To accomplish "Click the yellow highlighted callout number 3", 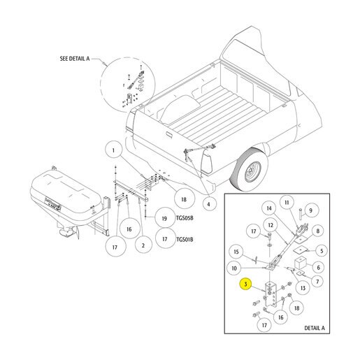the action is coord(245,285).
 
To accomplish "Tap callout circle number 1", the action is coord(113,150).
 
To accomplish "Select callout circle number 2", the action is coord(143,245).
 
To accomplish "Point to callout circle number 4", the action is coord(208,204).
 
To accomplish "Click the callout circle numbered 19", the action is coord(165,218).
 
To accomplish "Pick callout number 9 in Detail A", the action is coord(310,210).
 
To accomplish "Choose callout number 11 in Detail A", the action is coord(287,203).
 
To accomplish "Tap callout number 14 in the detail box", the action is coord(269,208).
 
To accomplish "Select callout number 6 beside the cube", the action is coord(318,267).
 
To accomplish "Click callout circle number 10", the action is coord(234,268).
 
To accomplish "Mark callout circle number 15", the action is coord(236,252).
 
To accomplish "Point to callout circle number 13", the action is coord(303,288).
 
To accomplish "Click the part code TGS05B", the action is coord(185,218).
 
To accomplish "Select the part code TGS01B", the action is coord(185,239).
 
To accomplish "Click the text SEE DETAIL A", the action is coord(75,59).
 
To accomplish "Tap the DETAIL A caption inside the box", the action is coord(315,328).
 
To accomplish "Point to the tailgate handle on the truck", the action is coord(168,134).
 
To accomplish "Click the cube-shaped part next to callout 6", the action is coord(301,263).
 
